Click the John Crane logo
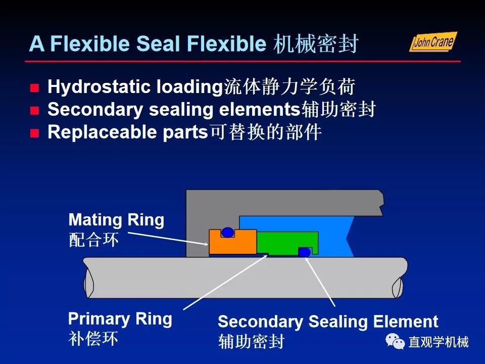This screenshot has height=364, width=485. coord(432,41)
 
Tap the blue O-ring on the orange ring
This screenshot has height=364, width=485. coord(228,232)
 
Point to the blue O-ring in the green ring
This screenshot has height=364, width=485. coord(304,252)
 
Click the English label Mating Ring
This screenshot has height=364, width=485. coord(116,220)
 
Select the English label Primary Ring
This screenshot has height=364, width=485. coord(120,319)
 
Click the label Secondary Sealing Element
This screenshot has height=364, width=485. coord(328,322)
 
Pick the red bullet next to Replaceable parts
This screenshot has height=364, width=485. coord(34,133)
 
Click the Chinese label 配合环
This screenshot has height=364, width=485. coord(93,239)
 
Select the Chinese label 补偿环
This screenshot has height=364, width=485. coord(93,338)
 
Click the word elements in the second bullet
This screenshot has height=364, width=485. coord(259,110)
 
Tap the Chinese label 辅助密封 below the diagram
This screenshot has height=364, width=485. coord(251,341)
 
